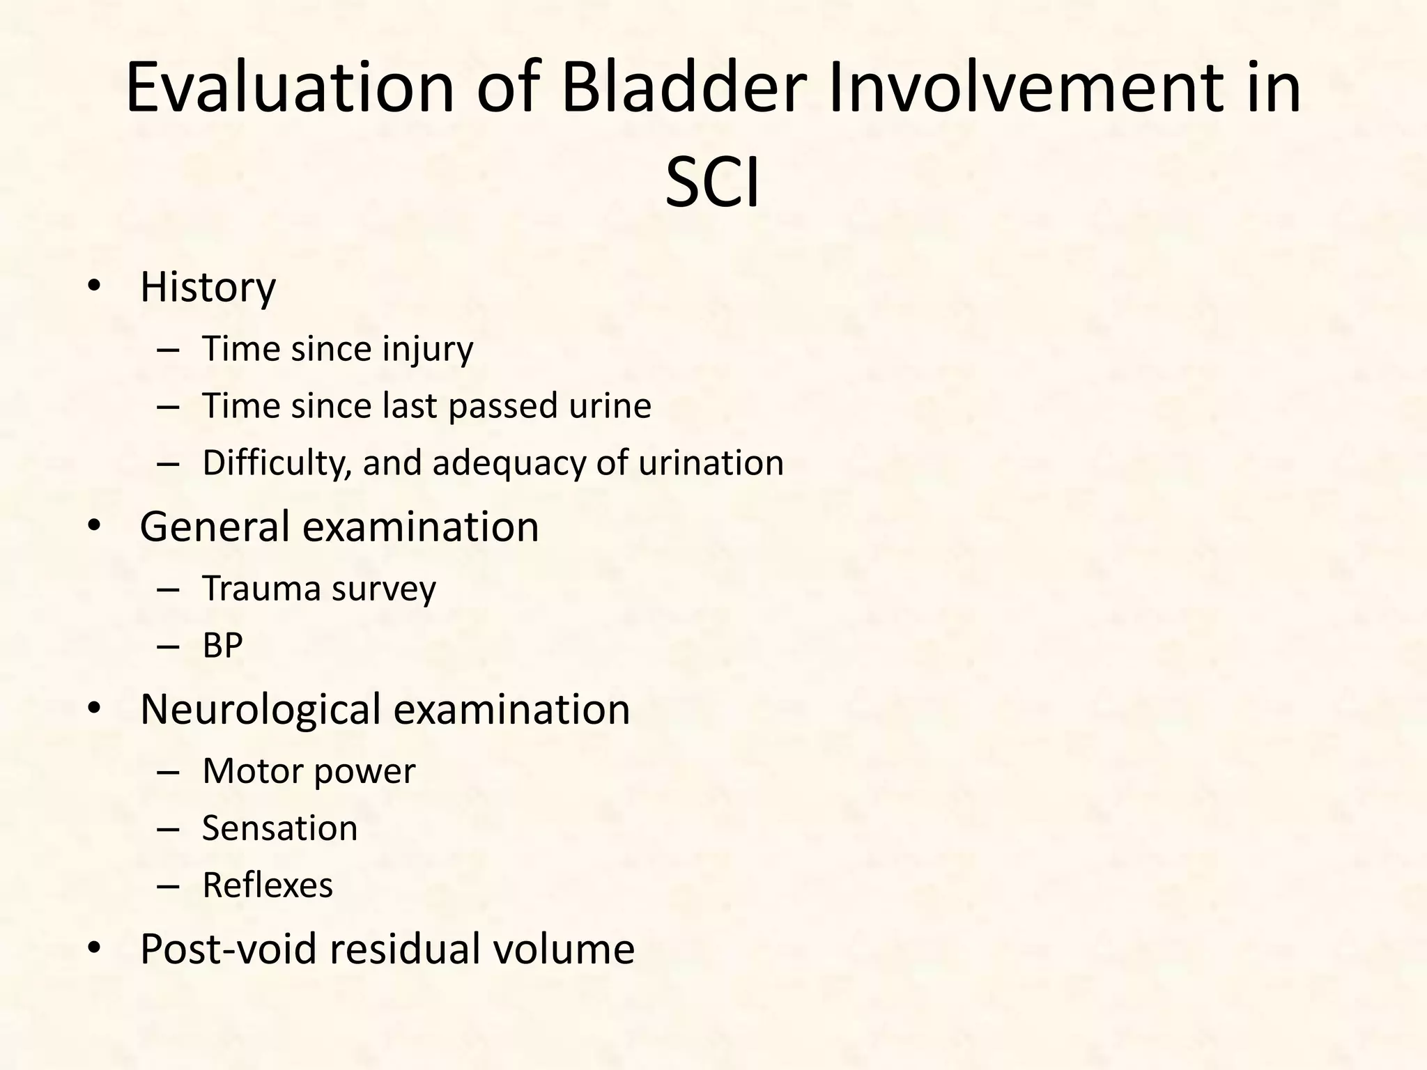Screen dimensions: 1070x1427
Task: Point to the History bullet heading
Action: (208, 287)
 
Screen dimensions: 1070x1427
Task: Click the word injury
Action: (428, 349)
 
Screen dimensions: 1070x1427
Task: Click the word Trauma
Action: (261, 589)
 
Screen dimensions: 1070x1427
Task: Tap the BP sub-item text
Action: (222, 646)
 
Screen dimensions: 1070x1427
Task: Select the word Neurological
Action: (261, 710)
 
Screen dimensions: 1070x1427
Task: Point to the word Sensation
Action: (279, 828)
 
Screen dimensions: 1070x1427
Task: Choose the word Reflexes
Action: (268, 885)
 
